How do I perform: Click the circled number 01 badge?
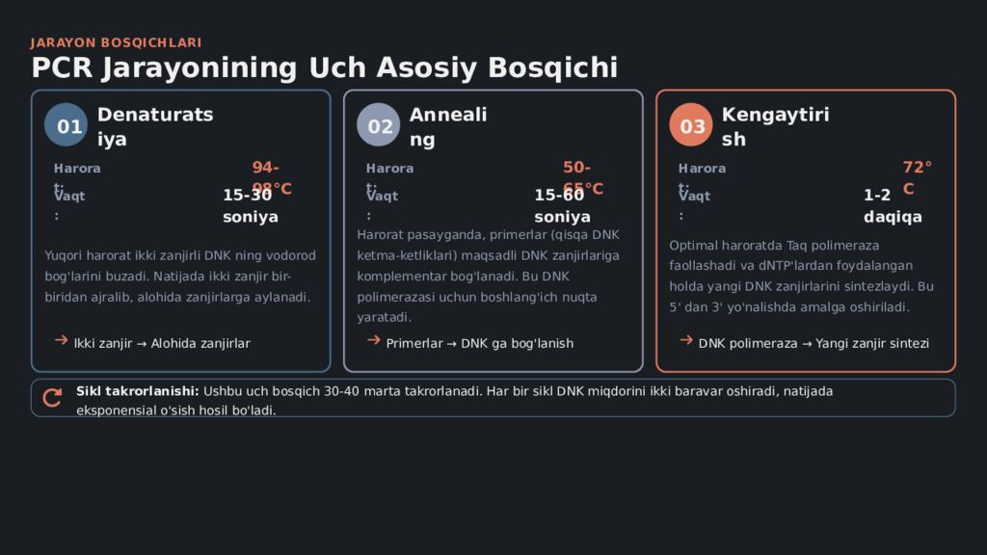click(x=66, y=125)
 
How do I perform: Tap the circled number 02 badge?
click(x=378, y=125)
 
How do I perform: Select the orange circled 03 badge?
click(x=690, y=125)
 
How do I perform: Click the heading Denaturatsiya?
click(x=154, y=126)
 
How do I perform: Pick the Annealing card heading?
click(x=447, y=126)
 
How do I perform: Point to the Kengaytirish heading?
click(x=774, y=126)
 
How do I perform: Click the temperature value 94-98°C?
click(x=271, y=177)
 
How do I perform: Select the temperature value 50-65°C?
click(x=582, y=177)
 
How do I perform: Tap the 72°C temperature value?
click(x=917, y=177)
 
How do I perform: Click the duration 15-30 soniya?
click(x=250, y=205)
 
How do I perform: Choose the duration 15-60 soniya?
click(x=562, y=205)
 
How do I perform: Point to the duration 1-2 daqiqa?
click(x=892, y=205)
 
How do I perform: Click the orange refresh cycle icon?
click(x=53, y=397)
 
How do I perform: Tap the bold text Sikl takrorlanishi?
click(x=137, y=391)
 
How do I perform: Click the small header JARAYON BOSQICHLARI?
click(x=116, y=42)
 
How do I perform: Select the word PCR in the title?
click(x=62, y=68)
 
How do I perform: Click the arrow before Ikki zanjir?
click(x=62, y=340)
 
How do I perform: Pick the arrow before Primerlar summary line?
click(x=374, y=340)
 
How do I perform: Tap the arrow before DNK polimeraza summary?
click(x=686, y=340)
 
